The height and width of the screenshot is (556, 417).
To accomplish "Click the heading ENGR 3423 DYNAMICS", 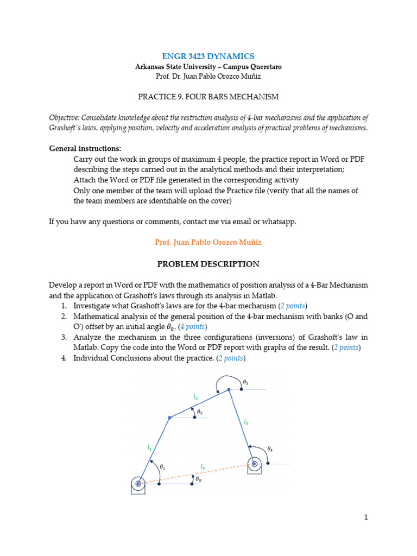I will coord(208,56).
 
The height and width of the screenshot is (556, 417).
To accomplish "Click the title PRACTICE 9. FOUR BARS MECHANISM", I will coord(208,97).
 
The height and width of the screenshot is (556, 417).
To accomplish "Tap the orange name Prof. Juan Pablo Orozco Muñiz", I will coord(208,242).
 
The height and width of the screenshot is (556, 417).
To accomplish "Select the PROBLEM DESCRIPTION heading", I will coord(208,264).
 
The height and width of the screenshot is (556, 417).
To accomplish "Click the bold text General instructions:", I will coord(85,148).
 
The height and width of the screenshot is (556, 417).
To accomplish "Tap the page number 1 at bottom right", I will coord(366,517).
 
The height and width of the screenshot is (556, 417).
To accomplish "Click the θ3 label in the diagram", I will coord(246,383).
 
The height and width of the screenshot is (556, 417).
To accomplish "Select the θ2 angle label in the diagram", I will coord(200,413).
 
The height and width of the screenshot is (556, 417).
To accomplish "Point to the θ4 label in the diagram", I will coord(270,449).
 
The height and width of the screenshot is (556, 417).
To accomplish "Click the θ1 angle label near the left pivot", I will coord(162,467).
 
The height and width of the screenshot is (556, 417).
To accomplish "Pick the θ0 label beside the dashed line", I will coord(199,480).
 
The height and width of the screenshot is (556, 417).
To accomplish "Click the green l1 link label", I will coord(149,448).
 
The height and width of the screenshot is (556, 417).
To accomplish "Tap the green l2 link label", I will coord(195,397).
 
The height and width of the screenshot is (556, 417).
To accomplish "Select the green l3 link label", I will coord(246,421).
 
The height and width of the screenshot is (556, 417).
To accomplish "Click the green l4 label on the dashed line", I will coord(203,466).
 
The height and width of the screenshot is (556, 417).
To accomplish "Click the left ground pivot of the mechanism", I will coord(138,483).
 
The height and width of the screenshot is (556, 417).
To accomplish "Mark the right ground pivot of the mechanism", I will coord(254,464).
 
